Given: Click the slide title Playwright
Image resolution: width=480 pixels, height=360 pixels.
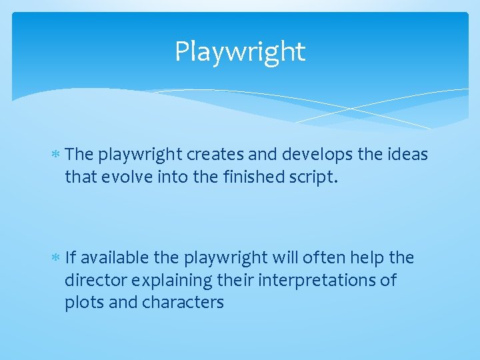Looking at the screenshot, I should point(240,51).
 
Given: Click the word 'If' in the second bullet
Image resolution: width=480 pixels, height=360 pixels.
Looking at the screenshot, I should point(71,257).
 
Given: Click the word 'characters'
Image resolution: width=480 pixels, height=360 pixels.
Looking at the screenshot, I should point(183,303).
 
